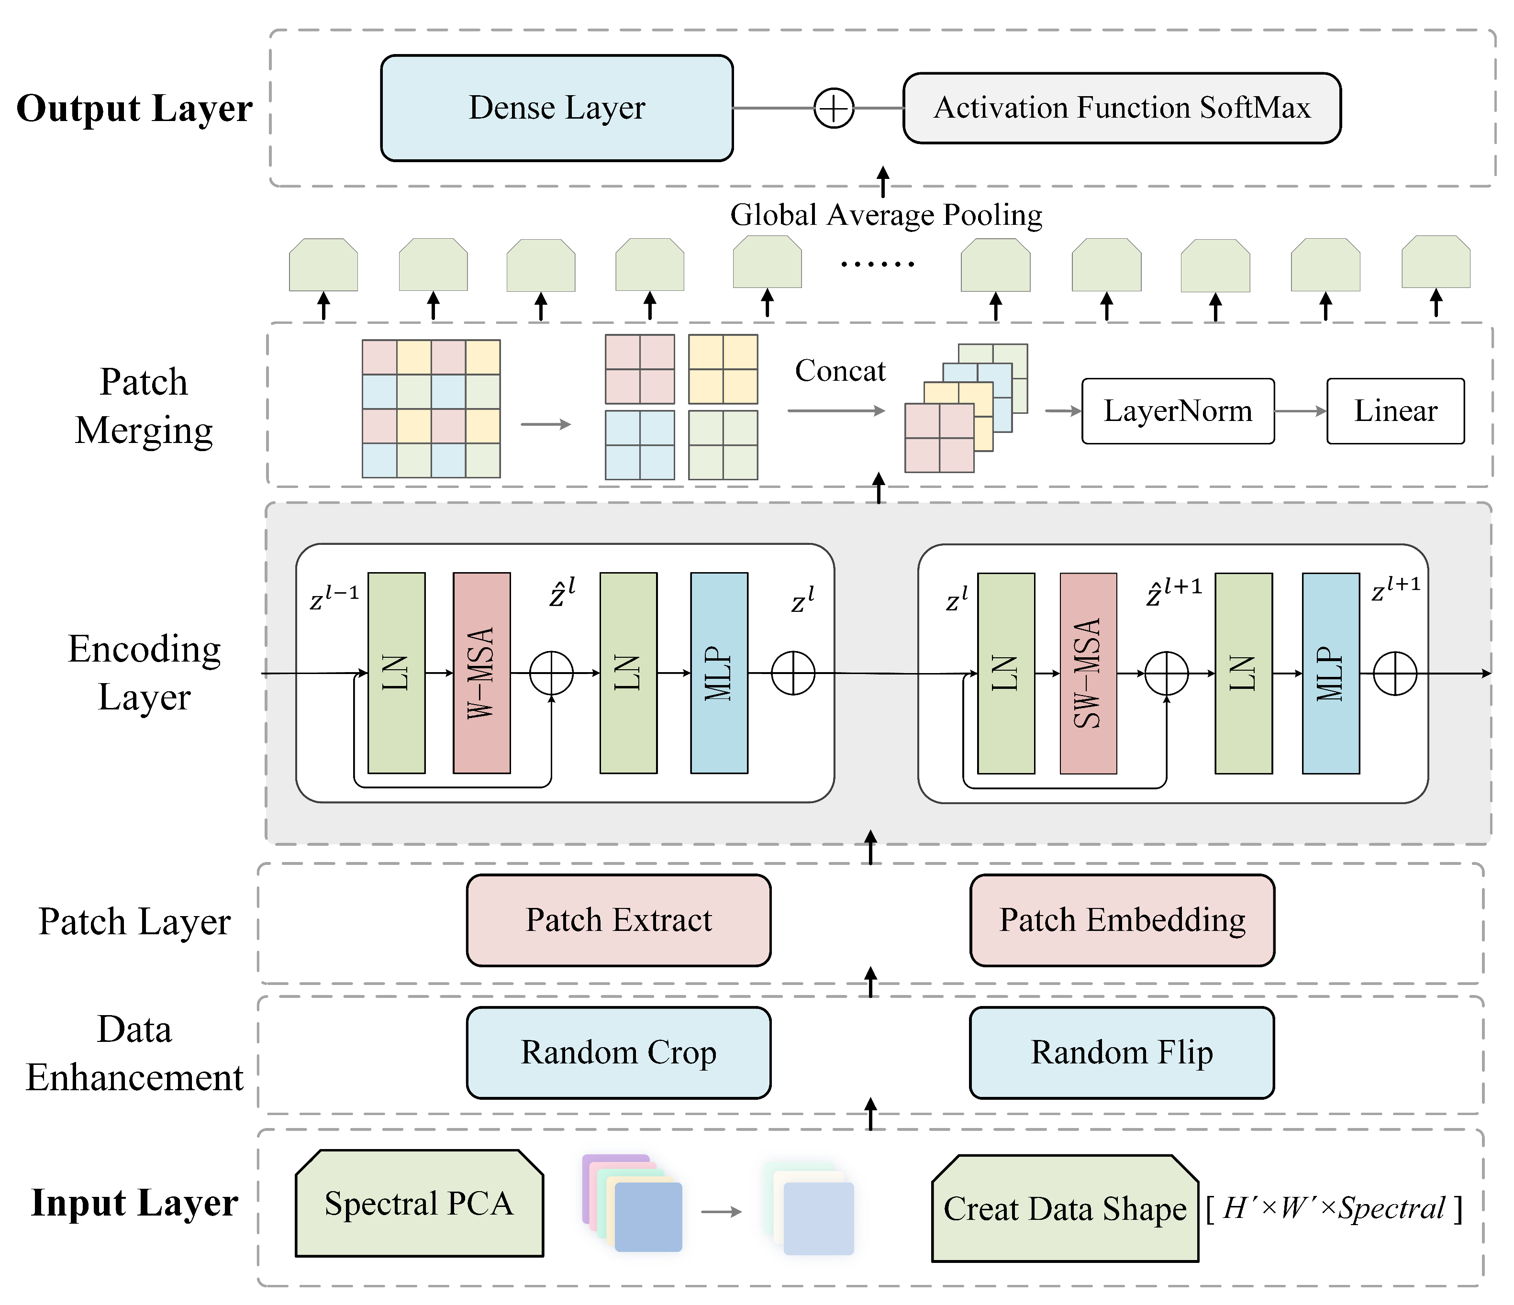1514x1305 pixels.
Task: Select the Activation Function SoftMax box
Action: coord(1122,108)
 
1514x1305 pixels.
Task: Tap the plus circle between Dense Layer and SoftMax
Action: coord(833,108)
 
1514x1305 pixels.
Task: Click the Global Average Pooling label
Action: coord(886,215)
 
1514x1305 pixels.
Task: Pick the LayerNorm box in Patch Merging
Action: coord(1177,410)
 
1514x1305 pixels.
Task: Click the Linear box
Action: coord(1395,410)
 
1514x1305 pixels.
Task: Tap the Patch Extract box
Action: coord(618,920)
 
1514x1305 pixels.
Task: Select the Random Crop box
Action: coord(618,1052)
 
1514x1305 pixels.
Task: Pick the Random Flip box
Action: coord(1122,1052)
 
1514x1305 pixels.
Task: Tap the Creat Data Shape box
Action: coord(1065,1208)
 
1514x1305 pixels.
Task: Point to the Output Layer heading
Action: coord(134,108)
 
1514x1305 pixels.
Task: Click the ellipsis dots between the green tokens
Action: coord(877,264)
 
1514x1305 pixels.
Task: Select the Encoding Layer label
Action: coord(144,672)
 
